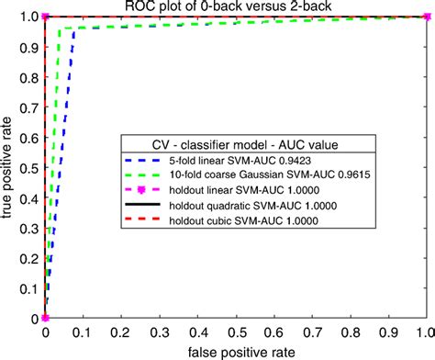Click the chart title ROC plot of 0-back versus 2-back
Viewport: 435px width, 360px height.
coord(234,7)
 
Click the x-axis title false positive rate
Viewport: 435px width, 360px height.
coord(234,351)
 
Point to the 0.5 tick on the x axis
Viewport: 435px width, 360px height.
coord(234,332)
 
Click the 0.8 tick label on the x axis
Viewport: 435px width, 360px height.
coord(348,332)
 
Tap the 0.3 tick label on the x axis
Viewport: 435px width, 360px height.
coord(159,332)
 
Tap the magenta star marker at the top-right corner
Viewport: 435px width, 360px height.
coord(424,16)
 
